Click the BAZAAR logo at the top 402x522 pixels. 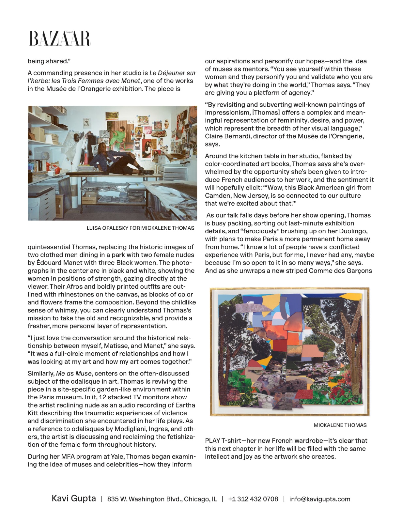[x=60, y=38]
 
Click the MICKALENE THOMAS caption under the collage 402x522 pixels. [x=340, y=425]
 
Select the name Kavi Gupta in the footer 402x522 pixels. [x=74, y=499]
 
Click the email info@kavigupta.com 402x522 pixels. [x=319, y=499]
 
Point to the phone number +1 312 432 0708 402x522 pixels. [x=253, y=499]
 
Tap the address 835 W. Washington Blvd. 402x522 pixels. [x=162, y=499]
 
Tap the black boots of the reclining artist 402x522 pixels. [x=146, y=170]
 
